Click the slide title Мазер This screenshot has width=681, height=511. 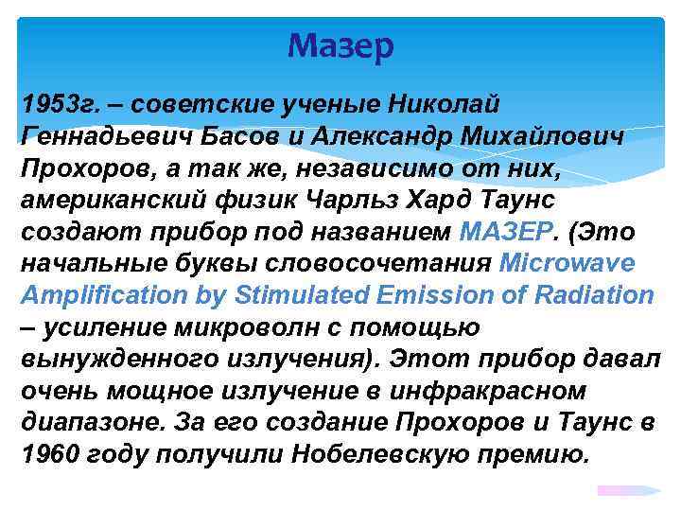pos(340,45)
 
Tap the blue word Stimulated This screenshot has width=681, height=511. pos(304,294)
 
